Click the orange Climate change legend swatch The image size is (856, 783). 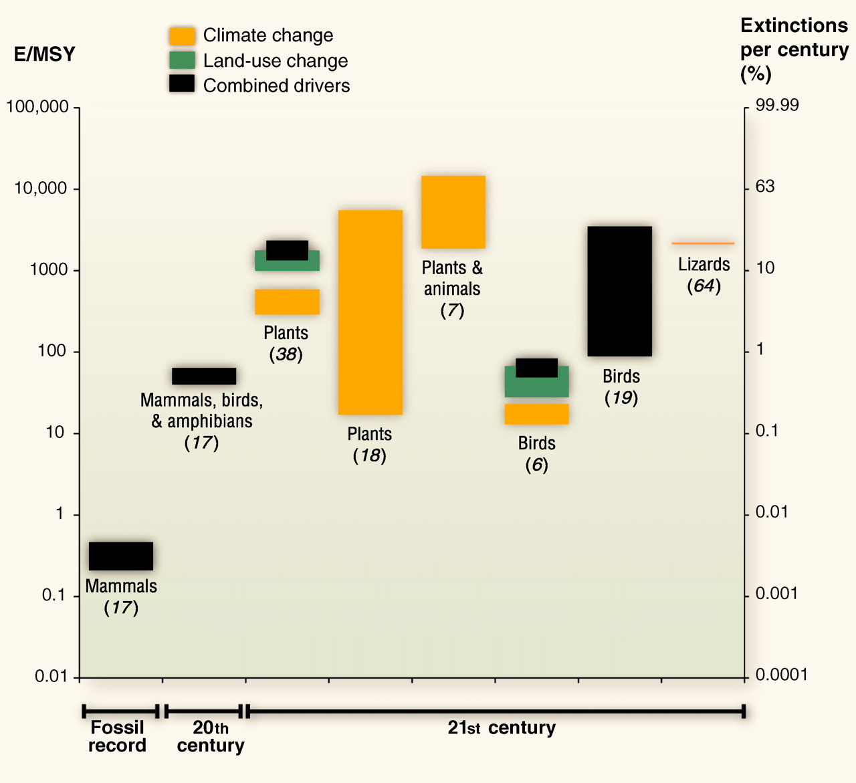pos(182,35)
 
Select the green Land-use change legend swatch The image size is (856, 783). pos(182,60)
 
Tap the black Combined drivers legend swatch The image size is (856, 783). pos(182,84)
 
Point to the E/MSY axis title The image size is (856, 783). pos(44,54)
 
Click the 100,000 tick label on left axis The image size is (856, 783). pos(37,107)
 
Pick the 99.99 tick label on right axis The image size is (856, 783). pos(777,106)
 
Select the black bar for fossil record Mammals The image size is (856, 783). pos(121,556)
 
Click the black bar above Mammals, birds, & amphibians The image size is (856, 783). pos(204,376)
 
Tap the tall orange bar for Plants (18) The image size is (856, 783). pos(370,312)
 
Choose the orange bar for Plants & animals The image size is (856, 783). pos(453,212)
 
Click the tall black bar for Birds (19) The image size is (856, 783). pos(620,291)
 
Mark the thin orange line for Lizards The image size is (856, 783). pos(703,243)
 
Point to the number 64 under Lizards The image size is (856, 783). pos(704,286)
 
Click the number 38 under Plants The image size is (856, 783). pos(286,354)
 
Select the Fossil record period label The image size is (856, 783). pos(118,736)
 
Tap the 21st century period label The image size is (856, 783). pos(502,728)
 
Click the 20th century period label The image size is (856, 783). pos(210,736)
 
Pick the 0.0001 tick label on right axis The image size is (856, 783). pos(782,675)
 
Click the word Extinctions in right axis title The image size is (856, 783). pos(794,25)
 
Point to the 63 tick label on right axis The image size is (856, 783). pos(765,187)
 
